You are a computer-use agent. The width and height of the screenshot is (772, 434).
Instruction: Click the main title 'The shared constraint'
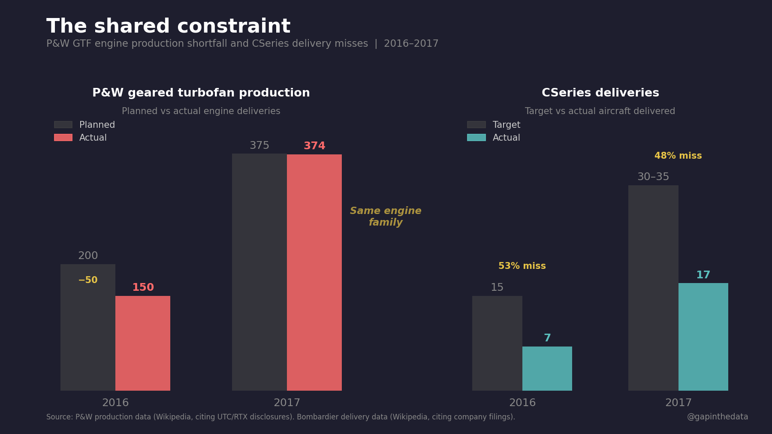(x=168, y=27)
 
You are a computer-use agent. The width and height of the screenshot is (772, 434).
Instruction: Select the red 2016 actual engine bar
(x=143, y=343)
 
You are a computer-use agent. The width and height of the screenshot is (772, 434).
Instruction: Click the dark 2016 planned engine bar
(x=88, y=335)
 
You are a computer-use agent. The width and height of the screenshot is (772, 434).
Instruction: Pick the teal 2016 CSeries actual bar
(x=547, y=368)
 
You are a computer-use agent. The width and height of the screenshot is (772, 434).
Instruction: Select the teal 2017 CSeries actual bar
(x=703, y=337)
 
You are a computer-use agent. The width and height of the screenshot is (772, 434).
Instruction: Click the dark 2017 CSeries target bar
(x=653, y=288)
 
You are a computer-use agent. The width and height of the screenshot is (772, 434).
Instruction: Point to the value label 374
(x=314, y=146)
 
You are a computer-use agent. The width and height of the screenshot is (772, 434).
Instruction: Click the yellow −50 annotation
(x=88, y=280)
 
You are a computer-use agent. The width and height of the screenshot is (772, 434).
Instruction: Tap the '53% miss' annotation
(x=522, y=266)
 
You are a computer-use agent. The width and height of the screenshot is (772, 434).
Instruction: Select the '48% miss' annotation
(x=678, y=156)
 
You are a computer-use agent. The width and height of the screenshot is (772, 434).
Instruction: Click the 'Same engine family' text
(x=386, y=217)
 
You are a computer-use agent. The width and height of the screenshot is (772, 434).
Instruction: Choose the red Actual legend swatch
(x=63, y=138)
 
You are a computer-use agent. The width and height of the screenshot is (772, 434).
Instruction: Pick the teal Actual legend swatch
(x=476, y=138)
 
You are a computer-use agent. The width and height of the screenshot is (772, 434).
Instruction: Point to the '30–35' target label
(x=653, y=177)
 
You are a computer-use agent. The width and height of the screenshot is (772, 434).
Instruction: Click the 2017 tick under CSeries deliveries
(x=678, y=403)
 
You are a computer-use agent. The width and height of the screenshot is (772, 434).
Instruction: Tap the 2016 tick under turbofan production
(x=115, y=403)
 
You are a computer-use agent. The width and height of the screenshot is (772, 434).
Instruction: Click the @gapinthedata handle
(x=717, y=417)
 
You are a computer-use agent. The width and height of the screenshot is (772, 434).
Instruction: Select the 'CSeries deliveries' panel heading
(x=600, y=93)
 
